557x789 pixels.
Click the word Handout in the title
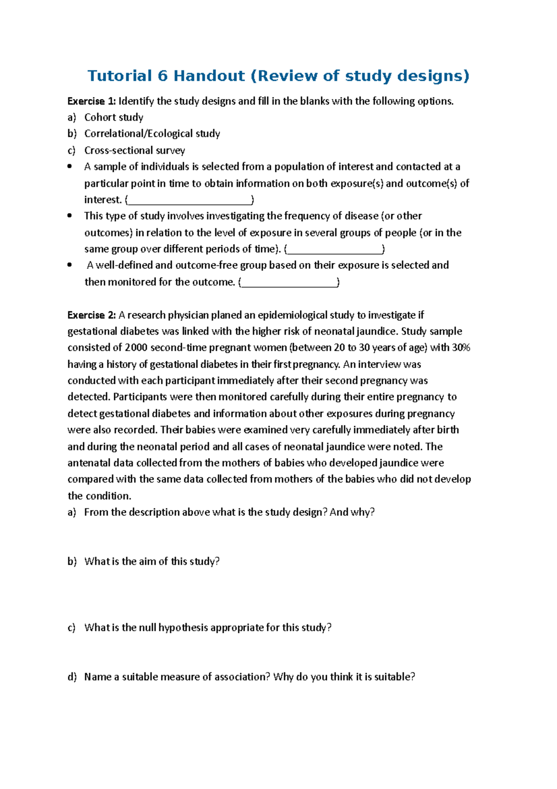coord(209,76)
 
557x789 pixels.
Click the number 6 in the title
coord(162,76)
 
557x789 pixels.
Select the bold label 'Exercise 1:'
coord(91,101)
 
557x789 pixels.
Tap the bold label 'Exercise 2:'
coord(91,315)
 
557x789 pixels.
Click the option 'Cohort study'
coord(114,118)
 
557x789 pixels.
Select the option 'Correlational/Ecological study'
coord(152,134)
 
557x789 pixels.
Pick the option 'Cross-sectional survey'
coord(135,151)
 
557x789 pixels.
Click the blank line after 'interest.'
coord(189,200)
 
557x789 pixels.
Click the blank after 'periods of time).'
coord(335,250)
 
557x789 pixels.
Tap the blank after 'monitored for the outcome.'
coord(289,283)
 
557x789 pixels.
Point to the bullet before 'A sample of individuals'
coord(70,166)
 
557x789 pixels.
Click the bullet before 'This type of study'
coord(70,216)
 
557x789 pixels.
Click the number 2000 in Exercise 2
coord(136,348)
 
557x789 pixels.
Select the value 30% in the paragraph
coord(461,348)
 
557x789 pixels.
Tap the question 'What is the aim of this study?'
coord(152,561)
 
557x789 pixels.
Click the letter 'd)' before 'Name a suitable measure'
coord(71,677)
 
